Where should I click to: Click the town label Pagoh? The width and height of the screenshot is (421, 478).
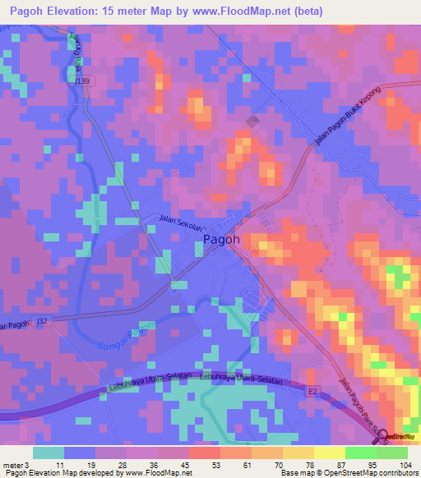click(x=221, y=239)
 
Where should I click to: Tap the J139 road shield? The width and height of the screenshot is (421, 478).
click(x=82, y=80)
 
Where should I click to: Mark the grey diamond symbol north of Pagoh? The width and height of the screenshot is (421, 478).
click(x=251, y=122)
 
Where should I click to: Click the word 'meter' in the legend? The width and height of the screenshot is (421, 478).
click(x=12, y=465)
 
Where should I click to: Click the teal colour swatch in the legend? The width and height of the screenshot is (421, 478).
click(x=49, y=453)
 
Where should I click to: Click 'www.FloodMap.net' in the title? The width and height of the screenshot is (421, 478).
click(x=252, y=11)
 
